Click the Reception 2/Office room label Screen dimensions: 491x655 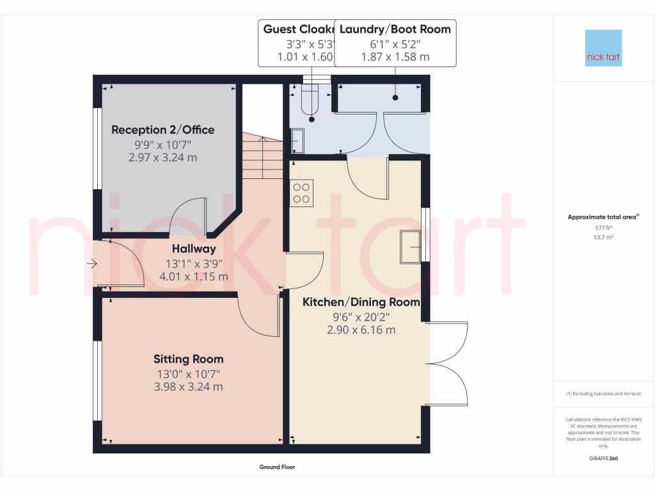pos(163,130)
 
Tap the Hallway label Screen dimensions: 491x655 pos(193,249)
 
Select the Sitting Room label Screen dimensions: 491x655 pos(188,359)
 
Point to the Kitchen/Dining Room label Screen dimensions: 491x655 pos(361,302)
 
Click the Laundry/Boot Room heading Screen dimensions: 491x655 pos(395,29)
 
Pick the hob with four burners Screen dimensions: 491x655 pos(302,193)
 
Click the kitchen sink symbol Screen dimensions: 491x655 pos(410,247)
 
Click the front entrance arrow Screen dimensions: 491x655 pos(92,263)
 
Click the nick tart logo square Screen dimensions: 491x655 pos(603,48)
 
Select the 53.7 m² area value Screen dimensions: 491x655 pos(603,237)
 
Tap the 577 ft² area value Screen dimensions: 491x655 pos(603,228)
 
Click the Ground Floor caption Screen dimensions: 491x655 pos(277,467)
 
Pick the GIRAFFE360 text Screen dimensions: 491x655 pos(603,458)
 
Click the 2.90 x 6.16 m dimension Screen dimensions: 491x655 pos(361,330)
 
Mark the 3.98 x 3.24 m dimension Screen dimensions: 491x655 pos(188,387)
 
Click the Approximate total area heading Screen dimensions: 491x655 pos(603,217)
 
